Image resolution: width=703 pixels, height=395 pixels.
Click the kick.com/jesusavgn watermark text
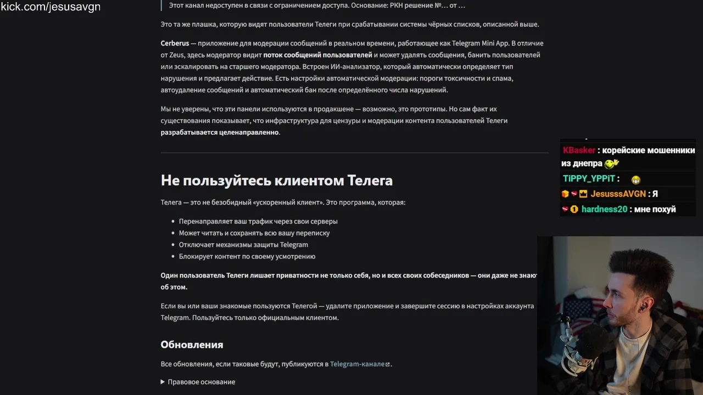tap(51, 7)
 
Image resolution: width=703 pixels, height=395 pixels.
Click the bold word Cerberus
tap(175, 43)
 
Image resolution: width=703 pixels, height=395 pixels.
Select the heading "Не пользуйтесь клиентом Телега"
tap(276, 180)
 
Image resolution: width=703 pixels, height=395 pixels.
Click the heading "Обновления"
tap(192, 345)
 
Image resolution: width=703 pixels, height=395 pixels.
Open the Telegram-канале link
tap(357, 364)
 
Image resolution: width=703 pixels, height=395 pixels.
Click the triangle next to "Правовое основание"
tap(163, 382)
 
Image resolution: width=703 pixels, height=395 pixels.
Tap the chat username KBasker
tap(579, 150)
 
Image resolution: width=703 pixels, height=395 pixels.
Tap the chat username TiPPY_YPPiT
tap(589, 179)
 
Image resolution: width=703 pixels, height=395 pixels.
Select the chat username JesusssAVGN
tap(618, 194)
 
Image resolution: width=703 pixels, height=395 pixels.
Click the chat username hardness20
tap(604, 209)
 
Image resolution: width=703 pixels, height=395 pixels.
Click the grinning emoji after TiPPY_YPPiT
tap(636, 179)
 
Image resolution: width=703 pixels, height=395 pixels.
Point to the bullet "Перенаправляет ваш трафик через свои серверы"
tap(258, 221)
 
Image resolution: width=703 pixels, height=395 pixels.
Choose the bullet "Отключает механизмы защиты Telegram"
tap(243, 245)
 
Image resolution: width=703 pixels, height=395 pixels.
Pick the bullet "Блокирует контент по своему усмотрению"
tap(247, 256)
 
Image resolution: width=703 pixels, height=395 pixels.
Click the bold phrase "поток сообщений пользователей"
tap(317, 55)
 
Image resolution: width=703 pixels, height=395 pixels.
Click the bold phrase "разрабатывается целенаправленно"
tap(220, 132)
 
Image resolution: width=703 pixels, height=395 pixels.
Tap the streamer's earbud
tap(641, 308)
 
